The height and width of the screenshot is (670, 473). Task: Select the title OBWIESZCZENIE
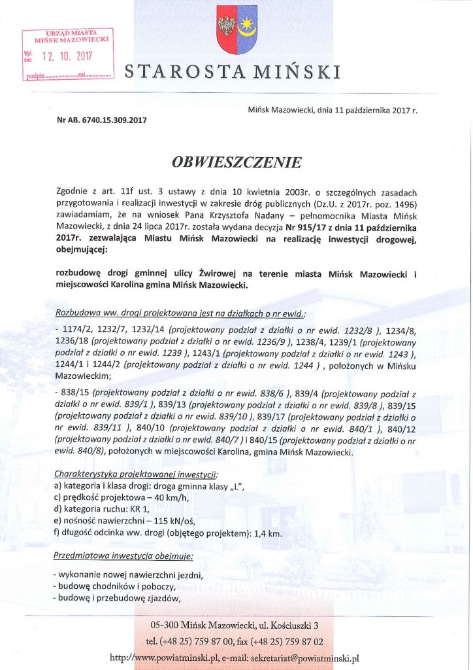point(236,161)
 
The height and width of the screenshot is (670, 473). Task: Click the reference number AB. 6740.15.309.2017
point(105,120)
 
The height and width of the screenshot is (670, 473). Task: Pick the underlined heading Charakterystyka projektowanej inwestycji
point(136,473)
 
